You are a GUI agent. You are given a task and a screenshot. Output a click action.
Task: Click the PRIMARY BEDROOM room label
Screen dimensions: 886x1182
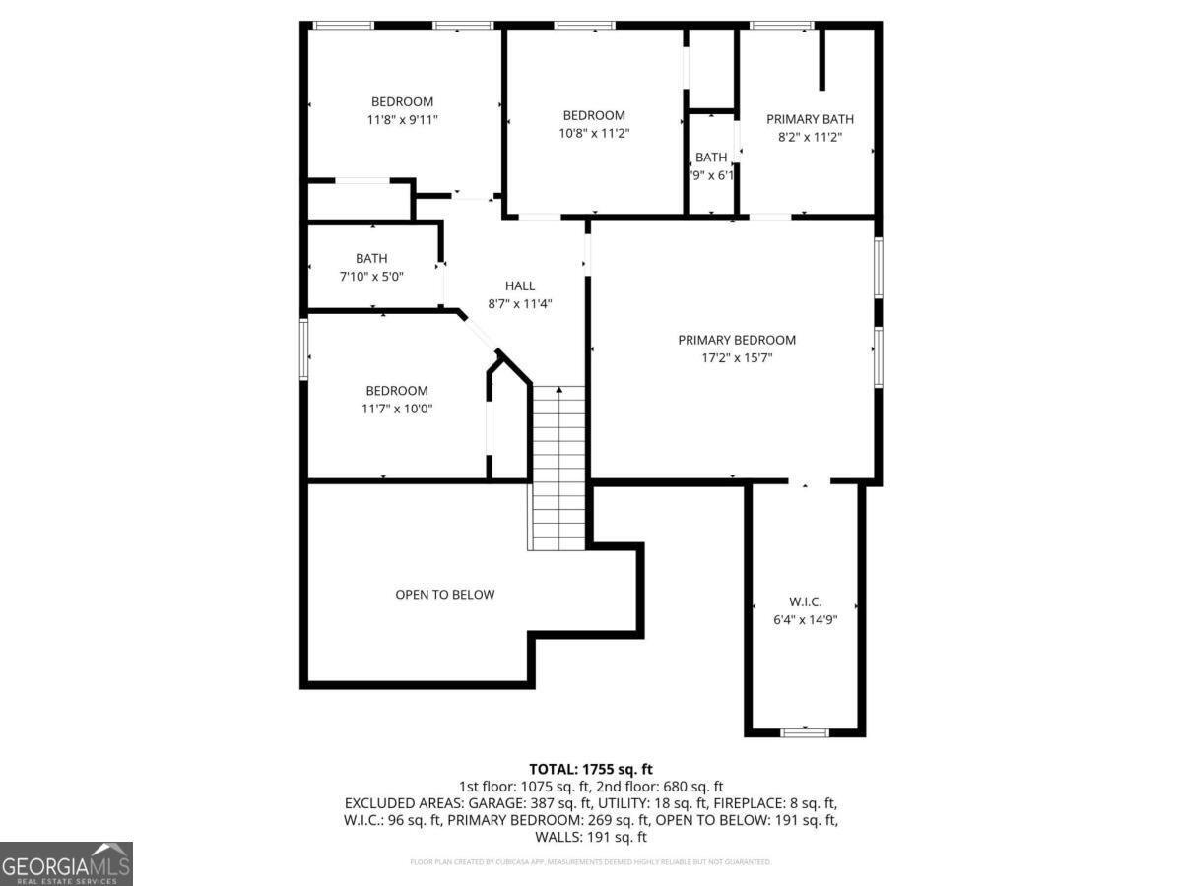tap(737, 340)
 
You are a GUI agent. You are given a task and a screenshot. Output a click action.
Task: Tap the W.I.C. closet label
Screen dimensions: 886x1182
tap(805, 601)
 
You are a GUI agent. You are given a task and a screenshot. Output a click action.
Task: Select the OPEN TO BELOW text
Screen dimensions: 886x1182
tap(444, 595)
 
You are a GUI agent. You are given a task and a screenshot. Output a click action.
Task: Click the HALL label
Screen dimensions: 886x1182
tap(520, 285)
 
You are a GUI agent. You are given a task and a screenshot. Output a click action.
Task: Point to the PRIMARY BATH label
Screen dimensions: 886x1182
tap(810, 119)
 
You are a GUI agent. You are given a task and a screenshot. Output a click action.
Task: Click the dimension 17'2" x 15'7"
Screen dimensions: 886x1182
tap(737, 358)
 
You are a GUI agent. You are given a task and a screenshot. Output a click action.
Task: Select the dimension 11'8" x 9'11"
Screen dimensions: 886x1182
tap(402, 120)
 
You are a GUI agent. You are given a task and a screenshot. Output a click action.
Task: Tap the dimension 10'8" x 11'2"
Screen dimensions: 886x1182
tap(594, 134)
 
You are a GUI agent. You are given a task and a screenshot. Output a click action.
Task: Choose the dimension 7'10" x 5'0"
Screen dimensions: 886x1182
tap(371, 277)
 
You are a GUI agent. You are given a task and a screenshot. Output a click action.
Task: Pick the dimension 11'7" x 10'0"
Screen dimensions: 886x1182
tap(397, 409)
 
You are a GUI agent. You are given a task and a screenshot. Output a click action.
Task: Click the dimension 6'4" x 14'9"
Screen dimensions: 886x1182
tap(805, 620)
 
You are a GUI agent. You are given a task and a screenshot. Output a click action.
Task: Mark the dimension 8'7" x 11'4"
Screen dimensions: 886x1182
tap(520, 304)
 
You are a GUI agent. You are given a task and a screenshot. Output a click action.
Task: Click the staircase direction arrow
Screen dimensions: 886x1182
tap(559, 393)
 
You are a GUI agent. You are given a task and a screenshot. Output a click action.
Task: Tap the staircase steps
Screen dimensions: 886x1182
tap(559, 473)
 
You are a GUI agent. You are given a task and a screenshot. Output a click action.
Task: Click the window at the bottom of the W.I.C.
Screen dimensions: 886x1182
tap(805, 731)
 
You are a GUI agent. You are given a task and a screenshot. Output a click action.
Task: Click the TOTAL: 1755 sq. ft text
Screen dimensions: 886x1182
tap(591, 769)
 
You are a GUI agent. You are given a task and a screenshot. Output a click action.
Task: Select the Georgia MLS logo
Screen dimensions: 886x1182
tap(66, 863)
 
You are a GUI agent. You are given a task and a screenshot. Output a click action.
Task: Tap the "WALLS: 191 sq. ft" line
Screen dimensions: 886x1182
tap(591, 838)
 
